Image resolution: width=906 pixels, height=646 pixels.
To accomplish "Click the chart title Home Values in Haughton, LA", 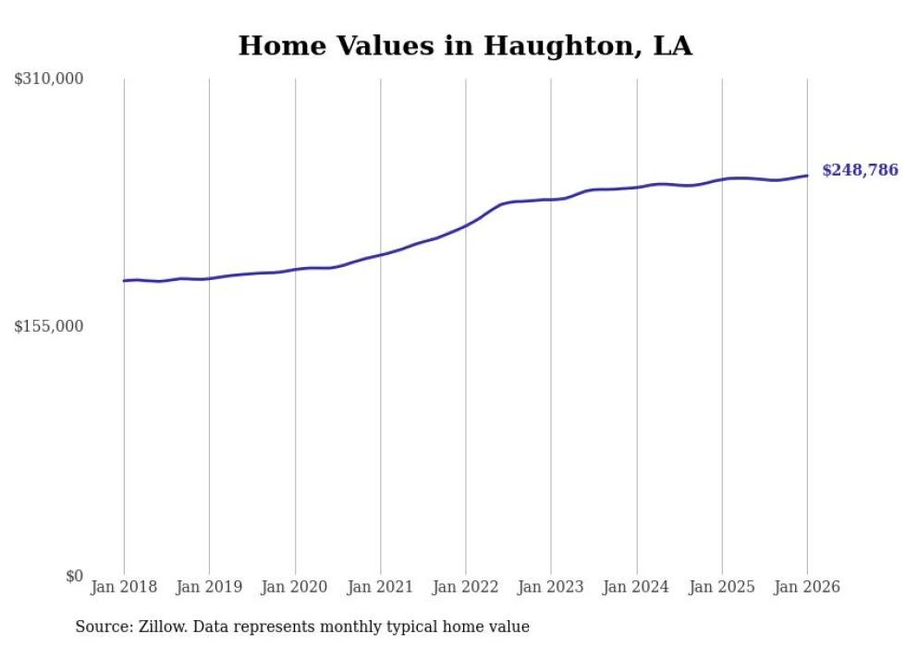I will click(x=465, y=46).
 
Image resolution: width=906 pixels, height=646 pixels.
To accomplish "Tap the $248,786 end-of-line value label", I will click(x=859, y=170).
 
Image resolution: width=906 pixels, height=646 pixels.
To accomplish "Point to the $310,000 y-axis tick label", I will click(x=49, y=79).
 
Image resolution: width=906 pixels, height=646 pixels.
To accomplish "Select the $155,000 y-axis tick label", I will click(x=49, y=326).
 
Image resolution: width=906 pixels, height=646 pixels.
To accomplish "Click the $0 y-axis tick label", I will click(x=74, y=576).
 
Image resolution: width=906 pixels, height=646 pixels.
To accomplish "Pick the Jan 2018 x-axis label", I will click(x=124, y=587).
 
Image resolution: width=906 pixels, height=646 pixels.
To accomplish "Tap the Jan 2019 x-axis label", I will click(x=209, y=587).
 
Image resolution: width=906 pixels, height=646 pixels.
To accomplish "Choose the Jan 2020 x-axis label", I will click(x=295, y=587).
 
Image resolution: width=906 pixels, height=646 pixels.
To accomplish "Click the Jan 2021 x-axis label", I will click(x=380, y=587).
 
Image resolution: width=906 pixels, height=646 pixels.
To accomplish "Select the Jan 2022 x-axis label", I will click(x=466, y=587).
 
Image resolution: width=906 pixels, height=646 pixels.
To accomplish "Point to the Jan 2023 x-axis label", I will click(x=551, y=587).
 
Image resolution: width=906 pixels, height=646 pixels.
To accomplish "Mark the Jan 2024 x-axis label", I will click(x=637, y=587).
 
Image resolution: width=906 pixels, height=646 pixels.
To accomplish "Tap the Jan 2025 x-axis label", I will click(x=722, y=587).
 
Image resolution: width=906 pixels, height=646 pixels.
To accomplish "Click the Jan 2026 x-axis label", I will click(x=807, y=587).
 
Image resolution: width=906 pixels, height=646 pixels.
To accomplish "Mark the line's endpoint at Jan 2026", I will click(x=807, y=176).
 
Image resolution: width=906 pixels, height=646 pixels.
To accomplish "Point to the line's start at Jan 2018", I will click(x=124, y=280).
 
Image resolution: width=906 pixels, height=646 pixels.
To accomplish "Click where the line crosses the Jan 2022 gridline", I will click(x=466, y=225).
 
